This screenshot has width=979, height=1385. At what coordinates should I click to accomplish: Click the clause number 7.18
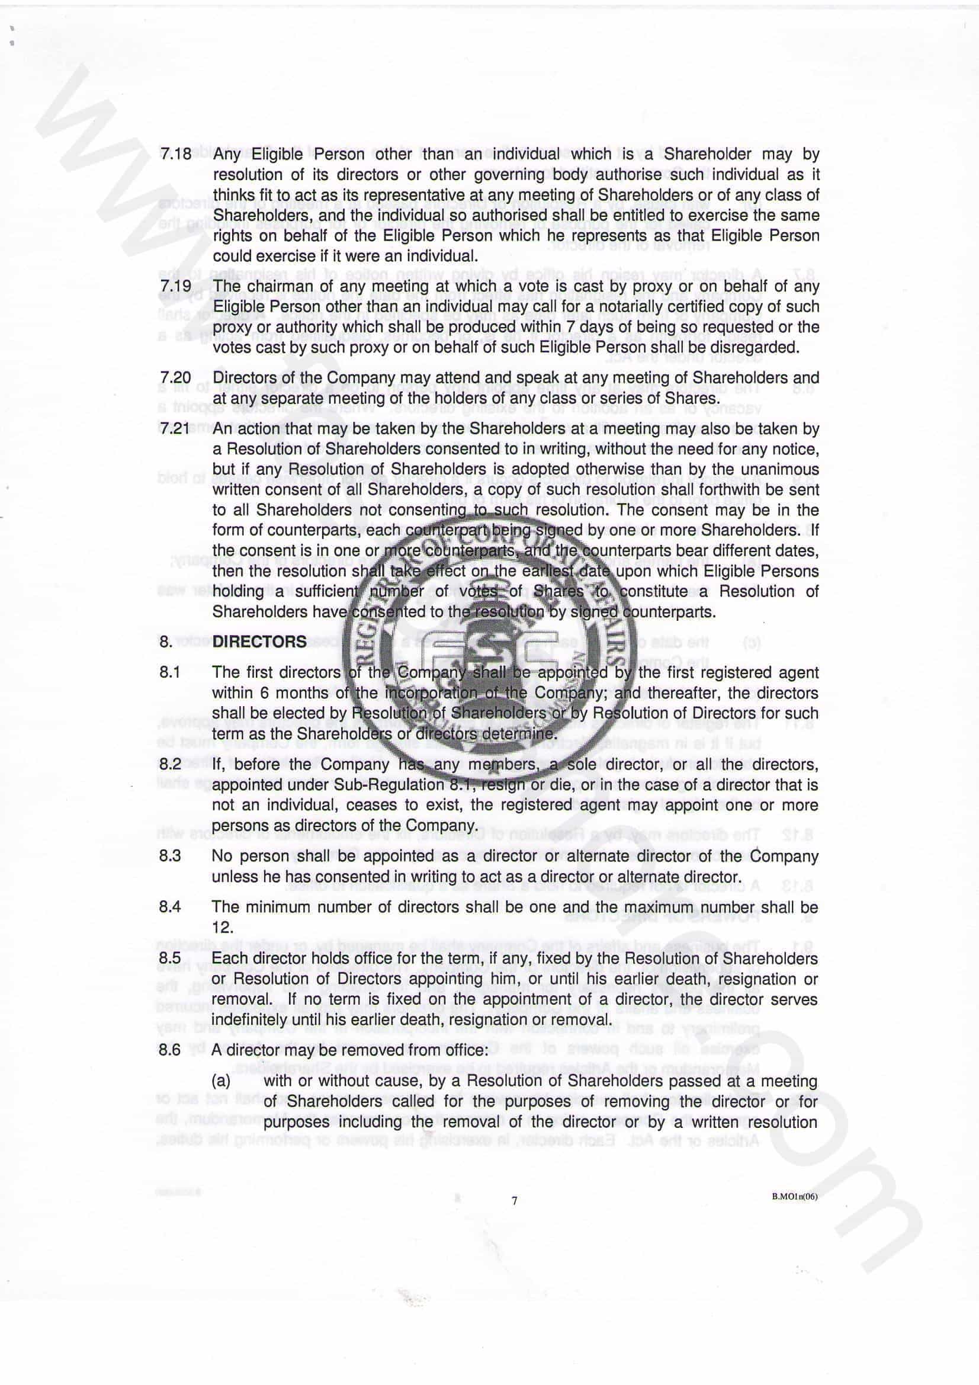click(x=175, y=154)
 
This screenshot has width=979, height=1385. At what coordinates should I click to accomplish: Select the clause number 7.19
click(x=175, y=286)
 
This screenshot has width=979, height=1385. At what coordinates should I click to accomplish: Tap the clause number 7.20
click(x=175, y=378)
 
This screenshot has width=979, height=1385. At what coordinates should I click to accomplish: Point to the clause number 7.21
click(x=175, y=429)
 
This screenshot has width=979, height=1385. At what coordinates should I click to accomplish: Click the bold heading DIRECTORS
click(x=259, y=641)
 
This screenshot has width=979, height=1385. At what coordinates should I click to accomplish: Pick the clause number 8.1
click(x=169, y=672)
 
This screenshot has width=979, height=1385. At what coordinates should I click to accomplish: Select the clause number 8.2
click(x=170, y=764)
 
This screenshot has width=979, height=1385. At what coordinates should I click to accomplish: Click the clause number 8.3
click(x=170, y=855)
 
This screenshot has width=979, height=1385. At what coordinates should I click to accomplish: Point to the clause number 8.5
click(x=170, y=958)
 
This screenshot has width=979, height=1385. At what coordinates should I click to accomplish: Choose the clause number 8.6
click(x=170, y=1050)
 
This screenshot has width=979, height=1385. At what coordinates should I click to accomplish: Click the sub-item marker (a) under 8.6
click(x=221, y=1081)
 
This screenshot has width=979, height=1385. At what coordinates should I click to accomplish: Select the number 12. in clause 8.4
click(x=223, y=927)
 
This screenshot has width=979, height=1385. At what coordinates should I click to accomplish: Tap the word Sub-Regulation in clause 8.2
click(x=386, y=784)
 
